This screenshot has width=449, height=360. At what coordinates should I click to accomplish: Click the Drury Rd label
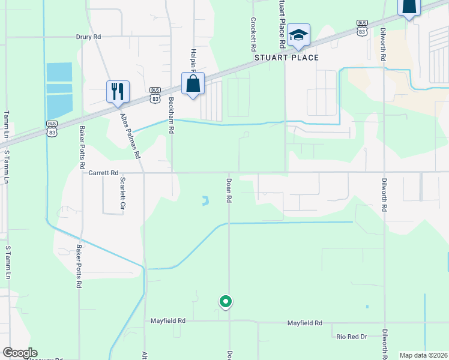point(88,37)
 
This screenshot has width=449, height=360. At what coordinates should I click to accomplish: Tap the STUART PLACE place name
point(286,58)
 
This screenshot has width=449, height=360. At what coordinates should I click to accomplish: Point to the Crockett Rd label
point(254,34)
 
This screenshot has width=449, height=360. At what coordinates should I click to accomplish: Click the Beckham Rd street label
point(171,115)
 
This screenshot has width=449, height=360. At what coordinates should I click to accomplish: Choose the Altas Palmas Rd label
point(130,136)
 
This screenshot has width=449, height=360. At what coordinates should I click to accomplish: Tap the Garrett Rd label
point(103,173)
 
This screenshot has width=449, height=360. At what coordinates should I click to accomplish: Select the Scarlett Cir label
point(122,192)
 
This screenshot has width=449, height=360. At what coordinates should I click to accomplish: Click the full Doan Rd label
point(229,190)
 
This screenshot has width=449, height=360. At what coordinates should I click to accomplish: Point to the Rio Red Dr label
point(351,337)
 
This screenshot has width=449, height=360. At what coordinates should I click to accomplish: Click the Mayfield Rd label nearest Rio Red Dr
point(305,323)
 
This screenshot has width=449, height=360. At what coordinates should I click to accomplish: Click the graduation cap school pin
point(298,35)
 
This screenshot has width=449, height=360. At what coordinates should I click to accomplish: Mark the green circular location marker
point(226,301)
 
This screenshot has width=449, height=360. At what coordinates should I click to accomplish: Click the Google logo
point(20,353)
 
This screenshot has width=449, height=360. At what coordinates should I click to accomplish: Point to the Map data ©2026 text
point(423,355)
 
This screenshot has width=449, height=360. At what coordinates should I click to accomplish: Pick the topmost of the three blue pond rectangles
point(59,71)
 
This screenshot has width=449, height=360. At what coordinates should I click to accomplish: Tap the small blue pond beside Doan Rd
point(205,200)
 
